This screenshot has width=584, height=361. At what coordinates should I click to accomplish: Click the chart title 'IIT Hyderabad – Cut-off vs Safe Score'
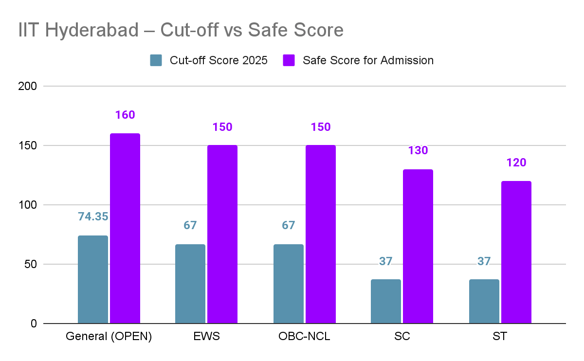(x=181, y=30)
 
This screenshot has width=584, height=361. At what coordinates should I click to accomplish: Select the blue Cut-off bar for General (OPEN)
(x=92, y=279)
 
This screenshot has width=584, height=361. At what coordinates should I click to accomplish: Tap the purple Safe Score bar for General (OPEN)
(x=125, y=228)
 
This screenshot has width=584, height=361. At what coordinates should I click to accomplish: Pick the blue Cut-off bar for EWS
(x=190, y=284)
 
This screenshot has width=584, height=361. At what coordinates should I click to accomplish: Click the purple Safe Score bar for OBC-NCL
(x=321, y=234)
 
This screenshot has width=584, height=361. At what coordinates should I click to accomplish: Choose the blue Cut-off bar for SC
(x=386, y=301)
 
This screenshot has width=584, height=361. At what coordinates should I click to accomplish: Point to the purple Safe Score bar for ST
(x=516, y=252)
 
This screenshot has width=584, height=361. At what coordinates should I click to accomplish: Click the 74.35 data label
(x=93, y=217)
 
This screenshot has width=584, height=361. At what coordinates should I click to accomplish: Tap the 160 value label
(x=125, y=115)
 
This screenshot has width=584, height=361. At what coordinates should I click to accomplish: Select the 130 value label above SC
(x=418, y=150)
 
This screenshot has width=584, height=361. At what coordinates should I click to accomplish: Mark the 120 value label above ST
(x=516, y=162)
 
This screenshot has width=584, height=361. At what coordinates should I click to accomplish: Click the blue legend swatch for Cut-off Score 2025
(x=156, y=60)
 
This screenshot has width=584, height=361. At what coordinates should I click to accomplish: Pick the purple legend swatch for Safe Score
(x=289, y=60)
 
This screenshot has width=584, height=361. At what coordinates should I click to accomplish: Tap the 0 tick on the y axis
(x=34, y=324)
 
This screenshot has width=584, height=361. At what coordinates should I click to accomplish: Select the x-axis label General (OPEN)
(x=109, y=337)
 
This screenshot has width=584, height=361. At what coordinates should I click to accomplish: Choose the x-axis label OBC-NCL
(x=304, y=337)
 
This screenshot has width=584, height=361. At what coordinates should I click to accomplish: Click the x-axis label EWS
(x=206, y=337)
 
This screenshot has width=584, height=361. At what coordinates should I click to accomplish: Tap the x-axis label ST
(x=500, y=337)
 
